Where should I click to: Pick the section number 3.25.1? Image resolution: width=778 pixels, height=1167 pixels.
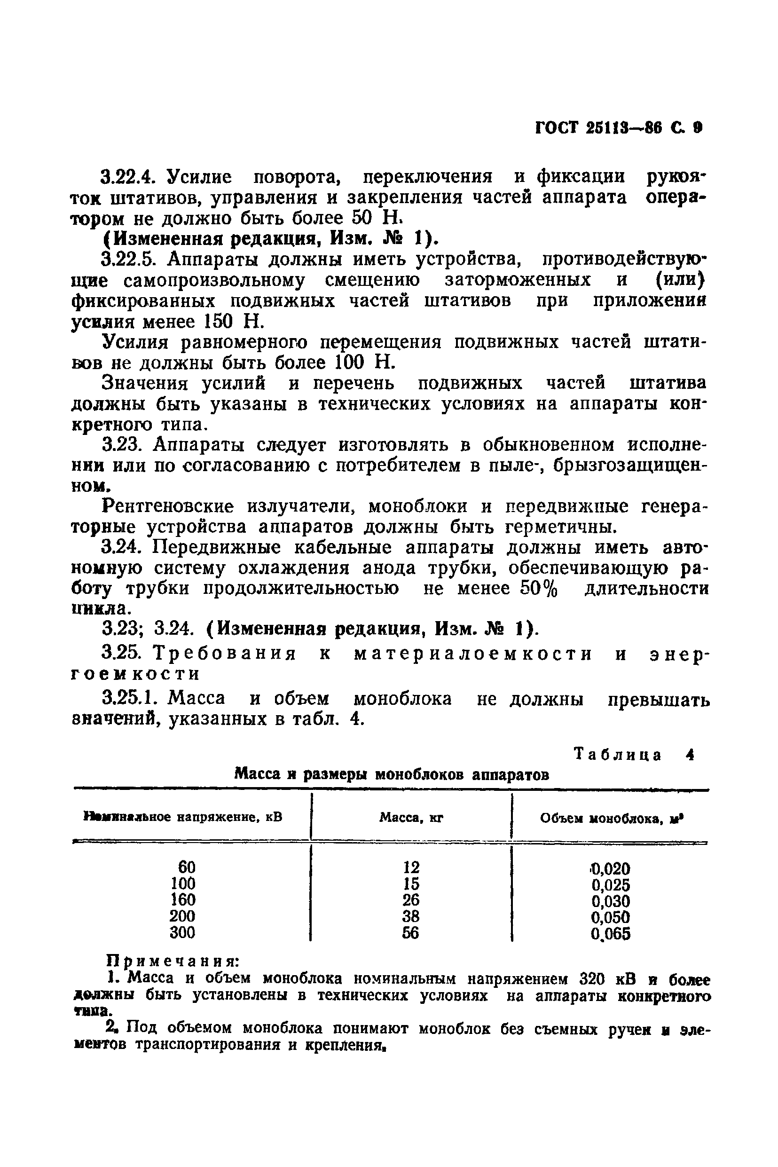tap(130, 699)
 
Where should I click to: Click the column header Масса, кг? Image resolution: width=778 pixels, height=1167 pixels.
tap(411, 817)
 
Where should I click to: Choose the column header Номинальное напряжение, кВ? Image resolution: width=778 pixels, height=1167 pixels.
tap(184, 816)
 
